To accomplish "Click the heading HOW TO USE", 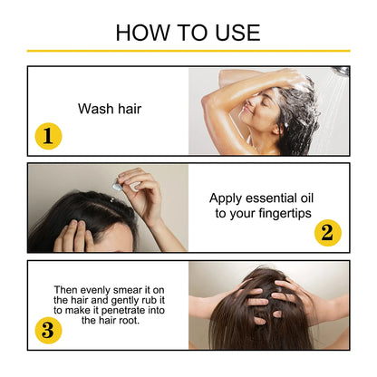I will tap(188, 33).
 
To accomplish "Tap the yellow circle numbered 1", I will tap(48, 136).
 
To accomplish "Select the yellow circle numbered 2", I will tap(327, 233).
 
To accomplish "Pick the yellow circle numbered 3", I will tap(48, 330).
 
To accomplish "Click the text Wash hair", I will tap(110, 109).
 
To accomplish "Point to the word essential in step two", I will tap(272, 198).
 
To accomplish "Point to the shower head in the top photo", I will tap(340, 72).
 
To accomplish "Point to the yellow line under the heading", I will tap(188, 51).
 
